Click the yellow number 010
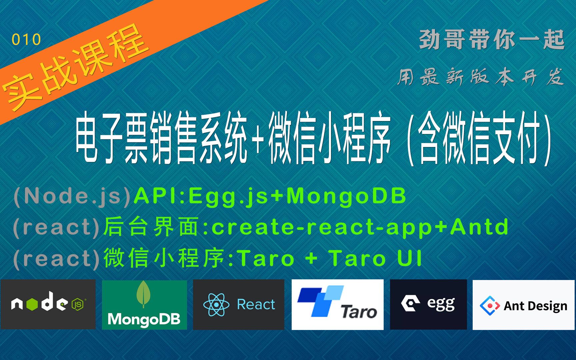tap(26, 40)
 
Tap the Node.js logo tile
tap(48, 304)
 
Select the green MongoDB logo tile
tap(144, 305)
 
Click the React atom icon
tap(216, 304)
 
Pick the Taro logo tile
tap(337, 305)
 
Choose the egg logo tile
tap(428, 304)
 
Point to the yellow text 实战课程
tap(75, 68)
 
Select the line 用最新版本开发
tap(480, 77)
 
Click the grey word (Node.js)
tap(72, 196)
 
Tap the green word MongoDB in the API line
tap(346, 196)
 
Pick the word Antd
tap(479, 227)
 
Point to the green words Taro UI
tap(375, 258)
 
